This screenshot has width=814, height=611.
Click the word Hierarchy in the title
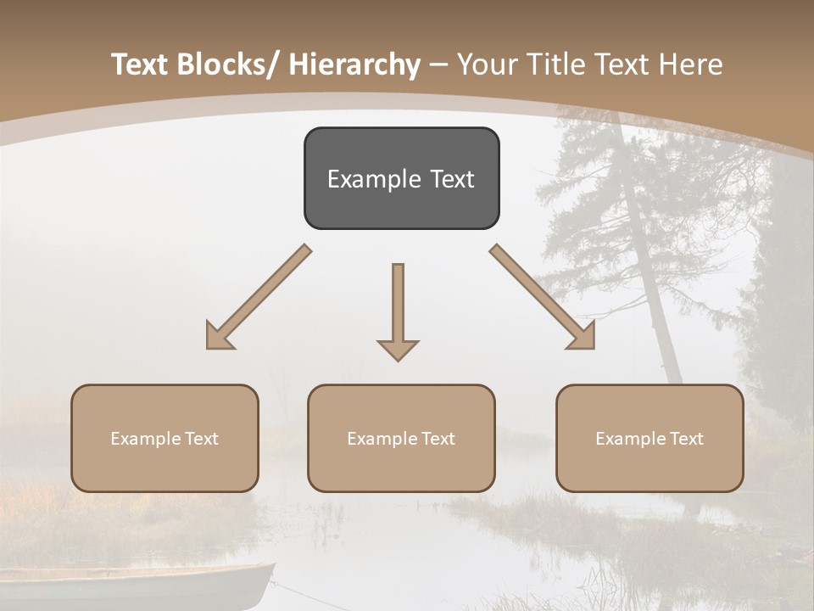354,64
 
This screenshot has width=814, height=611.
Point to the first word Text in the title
141,64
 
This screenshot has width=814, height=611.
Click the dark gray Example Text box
401,178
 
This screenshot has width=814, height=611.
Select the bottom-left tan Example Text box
164,438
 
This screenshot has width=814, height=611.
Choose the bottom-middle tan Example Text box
401,438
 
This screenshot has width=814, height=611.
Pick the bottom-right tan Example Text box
650,438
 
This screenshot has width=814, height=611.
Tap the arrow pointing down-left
259,297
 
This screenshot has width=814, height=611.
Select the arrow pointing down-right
543,297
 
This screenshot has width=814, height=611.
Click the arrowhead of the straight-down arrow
398,349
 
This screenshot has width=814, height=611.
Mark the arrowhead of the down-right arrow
583,337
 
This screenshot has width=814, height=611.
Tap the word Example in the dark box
363,179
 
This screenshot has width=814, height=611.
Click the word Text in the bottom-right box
685,439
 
